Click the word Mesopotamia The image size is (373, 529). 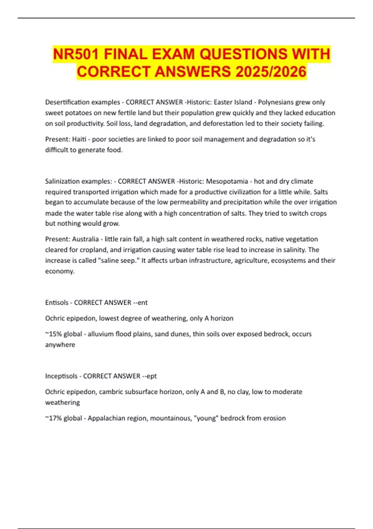[227, 181]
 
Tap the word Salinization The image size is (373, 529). [62, 181]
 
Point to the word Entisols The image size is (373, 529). [57, 302]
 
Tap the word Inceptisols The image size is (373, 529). [61, 376]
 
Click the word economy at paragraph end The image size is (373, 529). [59, 271]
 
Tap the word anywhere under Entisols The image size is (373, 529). [60, 344]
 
